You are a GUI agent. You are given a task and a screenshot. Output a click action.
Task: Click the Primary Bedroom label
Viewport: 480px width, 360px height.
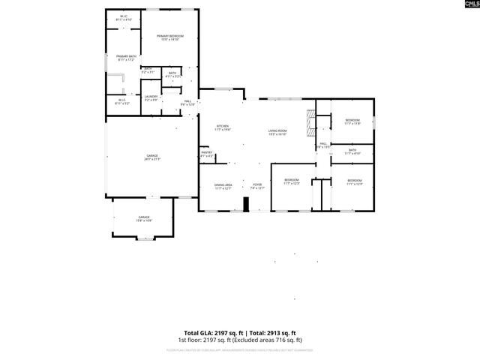(x=169, y=38)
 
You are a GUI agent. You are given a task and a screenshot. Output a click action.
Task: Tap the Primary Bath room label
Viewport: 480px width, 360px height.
(x=126, y=58)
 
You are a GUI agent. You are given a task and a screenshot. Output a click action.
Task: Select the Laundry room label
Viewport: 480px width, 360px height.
(x=150, y=97)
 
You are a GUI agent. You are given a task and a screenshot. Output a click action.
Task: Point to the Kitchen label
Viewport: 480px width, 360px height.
(x=223, y=127)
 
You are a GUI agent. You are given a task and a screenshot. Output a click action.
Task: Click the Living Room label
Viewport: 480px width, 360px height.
(x=277, y=133)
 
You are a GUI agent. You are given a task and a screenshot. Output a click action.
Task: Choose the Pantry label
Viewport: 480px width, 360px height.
(x=207, y=154)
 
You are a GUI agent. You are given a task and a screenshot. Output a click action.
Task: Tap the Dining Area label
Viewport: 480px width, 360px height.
(x=223, y=187)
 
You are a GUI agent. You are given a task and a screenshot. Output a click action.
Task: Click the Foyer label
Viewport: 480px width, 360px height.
(x=257, y=187)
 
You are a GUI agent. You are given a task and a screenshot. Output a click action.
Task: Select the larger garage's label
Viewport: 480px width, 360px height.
(x=151, y=157)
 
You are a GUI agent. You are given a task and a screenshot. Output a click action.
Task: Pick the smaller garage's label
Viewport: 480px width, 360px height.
(x=143, y=219)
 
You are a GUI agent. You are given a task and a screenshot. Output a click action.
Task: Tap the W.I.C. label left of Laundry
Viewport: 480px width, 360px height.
(x=121, y=101)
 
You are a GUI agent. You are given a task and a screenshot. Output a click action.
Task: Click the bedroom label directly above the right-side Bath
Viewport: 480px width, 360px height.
(x=352, y=122)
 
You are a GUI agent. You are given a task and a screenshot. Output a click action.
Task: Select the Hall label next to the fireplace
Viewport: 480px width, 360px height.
(x=323, y=145)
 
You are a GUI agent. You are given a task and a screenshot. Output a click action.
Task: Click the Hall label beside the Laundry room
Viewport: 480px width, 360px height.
(x=188, y=103)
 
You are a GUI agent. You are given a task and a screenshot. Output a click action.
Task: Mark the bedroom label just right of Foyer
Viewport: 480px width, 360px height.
(x=291, y=181)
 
